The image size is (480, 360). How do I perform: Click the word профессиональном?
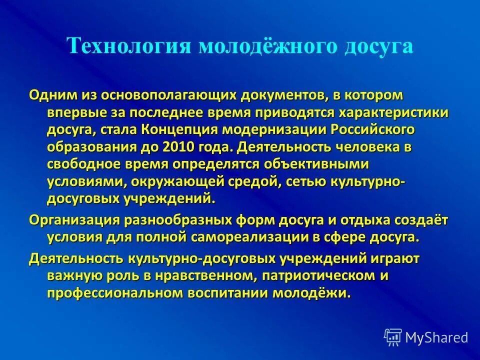point(116,292)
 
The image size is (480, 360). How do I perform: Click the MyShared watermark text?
point(436,337)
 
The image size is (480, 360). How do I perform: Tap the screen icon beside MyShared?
point(393,337)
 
